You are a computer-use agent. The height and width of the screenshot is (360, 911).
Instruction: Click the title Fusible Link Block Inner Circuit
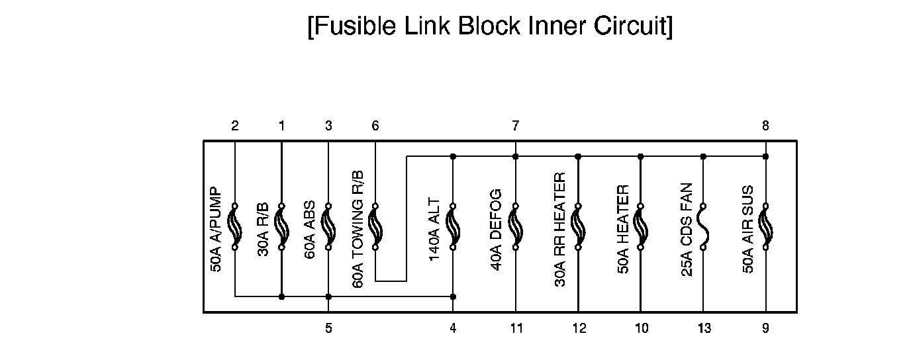(490, 26)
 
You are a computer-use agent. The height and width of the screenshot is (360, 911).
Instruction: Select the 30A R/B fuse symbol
(281, 227)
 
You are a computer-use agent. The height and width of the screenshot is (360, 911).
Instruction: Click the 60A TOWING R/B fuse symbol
(375, 227)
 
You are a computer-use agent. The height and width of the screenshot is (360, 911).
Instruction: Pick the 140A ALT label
(435, 228)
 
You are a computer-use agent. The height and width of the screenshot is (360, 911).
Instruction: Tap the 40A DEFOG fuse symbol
(516, 227)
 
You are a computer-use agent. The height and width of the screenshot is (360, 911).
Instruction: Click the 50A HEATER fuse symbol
(640, 227)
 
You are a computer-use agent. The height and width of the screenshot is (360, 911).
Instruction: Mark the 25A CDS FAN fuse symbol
(703, 227)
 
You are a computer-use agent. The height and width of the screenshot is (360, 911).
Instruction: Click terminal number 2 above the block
(235, 126)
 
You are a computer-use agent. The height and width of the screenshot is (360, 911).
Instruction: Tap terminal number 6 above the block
(375, 126)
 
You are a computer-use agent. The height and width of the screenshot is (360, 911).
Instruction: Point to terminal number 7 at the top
(516, 126)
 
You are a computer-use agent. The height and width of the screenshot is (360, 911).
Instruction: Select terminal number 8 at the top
(765, 126)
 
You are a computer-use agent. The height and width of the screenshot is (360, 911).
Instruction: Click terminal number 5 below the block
(328, 328)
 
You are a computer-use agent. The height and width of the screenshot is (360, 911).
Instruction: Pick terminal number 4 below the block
(453, 328)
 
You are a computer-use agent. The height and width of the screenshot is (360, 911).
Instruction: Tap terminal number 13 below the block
(704, 328)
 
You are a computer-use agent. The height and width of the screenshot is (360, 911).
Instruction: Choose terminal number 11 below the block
(516, 328)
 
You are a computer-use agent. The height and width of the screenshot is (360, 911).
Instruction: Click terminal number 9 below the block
(766, 328)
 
